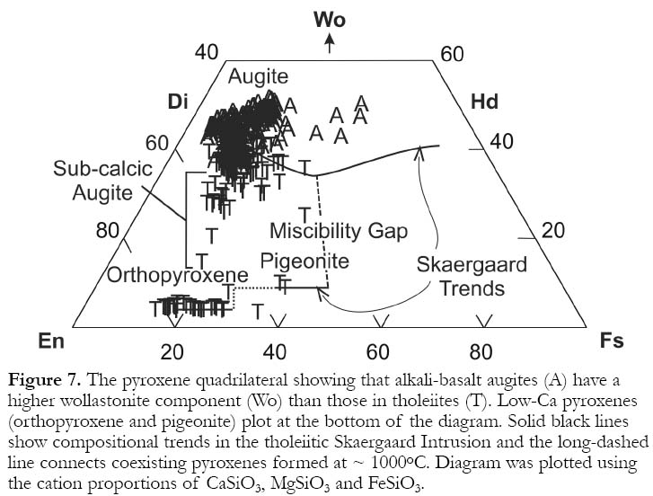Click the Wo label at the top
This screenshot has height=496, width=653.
tap(330, 20)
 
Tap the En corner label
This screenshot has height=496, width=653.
tap(51, 341)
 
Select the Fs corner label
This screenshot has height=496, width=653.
tap(612, 341)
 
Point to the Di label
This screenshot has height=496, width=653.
tap(178, 102)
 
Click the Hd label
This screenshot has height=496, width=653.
tap(484, 102)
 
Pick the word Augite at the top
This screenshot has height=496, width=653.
tap(258, 77)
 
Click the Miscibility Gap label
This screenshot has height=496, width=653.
tap(339, 231)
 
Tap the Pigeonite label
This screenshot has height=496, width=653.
tap(304, 261)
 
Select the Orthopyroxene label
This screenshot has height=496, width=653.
tap(178, 275)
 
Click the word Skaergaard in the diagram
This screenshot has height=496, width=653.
tap(472, 265)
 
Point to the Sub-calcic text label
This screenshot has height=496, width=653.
tap(102, 169)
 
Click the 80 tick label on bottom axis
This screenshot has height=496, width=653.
tap(481, 352)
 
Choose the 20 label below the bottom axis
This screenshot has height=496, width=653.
tap(172, 352)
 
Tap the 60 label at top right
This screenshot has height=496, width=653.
tap(452, 54)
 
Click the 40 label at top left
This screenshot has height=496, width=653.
tap(207, 53)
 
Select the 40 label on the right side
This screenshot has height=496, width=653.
tap(501, 142)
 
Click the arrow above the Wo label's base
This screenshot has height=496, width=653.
tap(330, 43)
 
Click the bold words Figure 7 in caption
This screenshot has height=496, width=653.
tap(44, 380)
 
